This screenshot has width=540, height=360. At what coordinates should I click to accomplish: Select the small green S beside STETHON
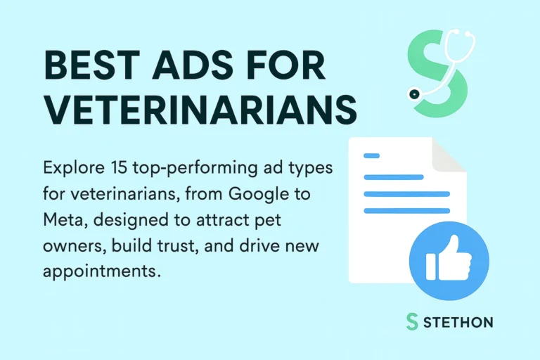pos(412,322)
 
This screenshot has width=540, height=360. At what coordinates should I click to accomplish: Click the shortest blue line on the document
pos(371,155)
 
